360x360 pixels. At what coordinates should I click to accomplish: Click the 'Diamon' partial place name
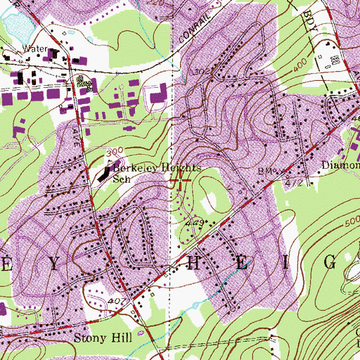pos(341,167)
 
